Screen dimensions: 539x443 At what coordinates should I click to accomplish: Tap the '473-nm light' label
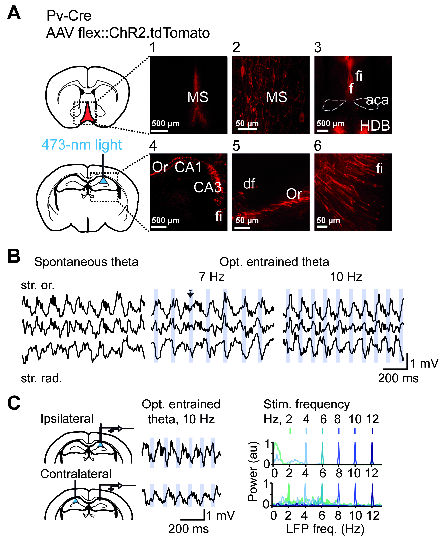click(x=81, y=145)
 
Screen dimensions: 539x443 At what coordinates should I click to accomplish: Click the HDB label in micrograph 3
click(x=375, y=126)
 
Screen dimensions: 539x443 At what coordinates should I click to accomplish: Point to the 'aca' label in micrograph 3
click(x=377, y=100)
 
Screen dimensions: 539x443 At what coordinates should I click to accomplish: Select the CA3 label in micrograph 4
click(x=207, y=187)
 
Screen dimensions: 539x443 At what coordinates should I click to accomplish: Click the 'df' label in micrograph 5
click(x=249, y=184)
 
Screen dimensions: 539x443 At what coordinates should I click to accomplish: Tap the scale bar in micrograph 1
click(x=160, y=131)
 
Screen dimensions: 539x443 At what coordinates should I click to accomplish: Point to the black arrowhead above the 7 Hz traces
click(x=190, y=295)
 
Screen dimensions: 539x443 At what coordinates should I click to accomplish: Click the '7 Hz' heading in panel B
click(x=212, y=277)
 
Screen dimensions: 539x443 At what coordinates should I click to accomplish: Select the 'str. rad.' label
click(x=41, y=378)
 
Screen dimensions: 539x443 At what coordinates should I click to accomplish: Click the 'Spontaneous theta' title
click(x=86, y=262)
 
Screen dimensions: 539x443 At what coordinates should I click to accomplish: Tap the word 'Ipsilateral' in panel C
click(x=67, y=419)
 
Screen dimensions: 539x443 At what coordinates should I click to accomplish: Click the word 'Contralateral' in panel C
click(x=76, y=474)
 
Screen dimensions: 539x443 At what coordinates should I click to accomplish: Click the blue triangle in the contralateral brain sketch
click(x=75, y=501)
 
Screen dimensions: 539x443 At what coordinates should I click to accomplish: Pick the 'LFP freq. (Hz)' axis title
click(x=325, y=529)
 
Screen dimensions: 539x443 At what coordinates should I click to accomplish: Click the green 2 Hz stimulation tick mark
click(x=290, y=431)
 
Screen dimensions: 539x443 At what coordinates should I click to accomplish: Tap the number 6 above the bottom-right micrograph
click(x=317, y=146)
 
